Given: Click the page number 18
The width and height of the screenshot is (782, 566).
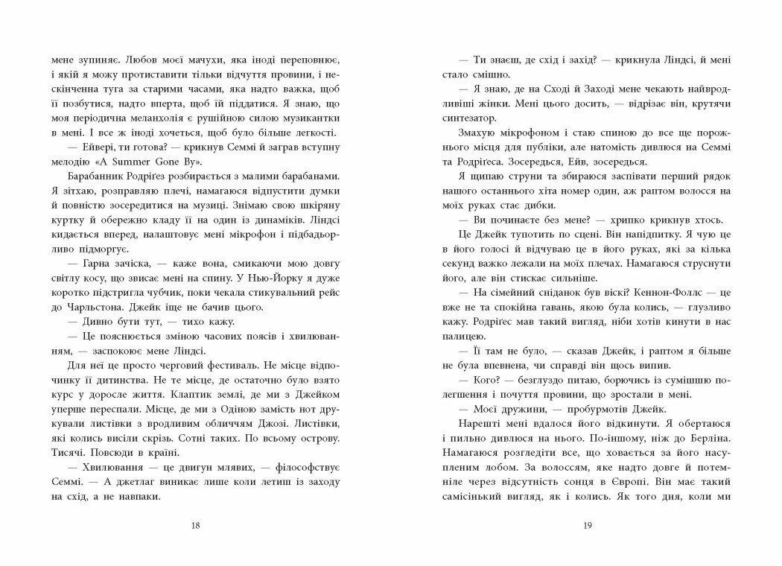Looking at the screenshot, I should point(196,526).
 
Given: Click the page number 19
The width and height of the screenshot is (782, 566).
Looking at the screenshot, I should point(586,526).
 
